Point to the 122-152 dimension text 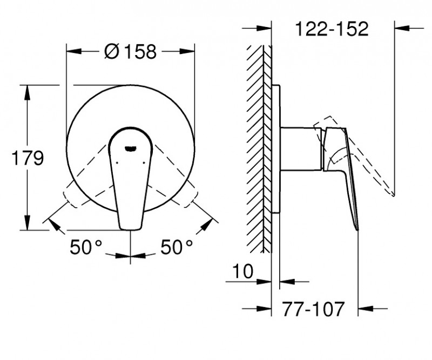pyautogui.click(x=333, y=29)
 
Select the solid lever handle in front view pyautogui.click(x=130, y=184)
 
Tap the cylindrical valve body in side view pyautogui.click(x=300, y=149)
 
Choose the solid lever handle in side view pyautogui.click(x=346, y=173)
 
